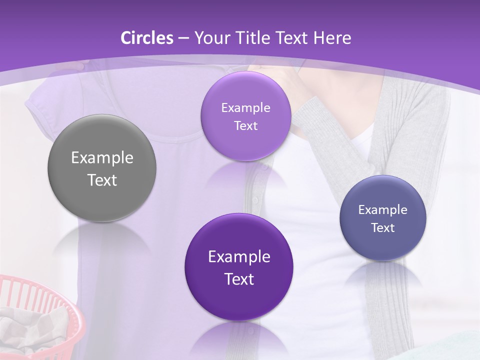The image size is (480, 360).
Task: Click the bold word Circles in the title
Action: (x=147, y=38)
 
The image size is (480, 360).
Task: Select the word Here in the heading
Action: (x=332, y=38)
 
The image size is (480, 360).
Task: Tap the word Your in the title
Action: (x=211, y=38)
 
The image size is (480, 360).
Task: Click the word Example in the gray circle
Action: (x=102, y=158)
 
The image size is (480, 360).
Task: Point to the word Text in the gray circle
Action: (x=102, y=180)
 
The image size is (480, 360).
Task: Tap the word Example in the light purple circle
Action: (x=245, y=108)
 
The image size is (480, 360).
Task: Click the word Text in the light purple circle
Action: (x=245, y=126)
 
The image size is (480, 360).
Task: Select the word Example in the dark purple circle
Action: (x=239, y=257)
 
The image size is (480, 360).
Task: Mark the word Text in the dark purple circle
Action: (x=239, y=279)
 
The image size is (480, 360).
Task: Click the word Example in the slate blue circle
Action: (x=383, y=210)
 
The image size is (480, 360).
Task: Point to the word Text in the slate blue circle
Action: (x=383, y=228)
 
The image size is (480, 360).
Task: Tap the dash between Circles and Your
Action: (x=183, y=38)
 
